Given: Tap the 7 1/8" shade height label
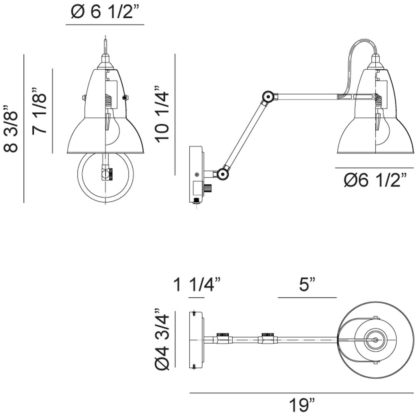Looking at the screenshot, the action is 39,111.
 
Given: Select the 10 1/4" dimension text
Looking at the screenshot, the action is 162,114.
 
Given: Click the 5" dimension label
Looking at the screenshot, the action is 307,285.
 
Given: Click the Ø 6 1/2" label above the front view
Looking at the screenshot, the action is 105,12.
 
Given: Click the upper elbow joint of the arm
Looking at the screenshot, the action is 268,97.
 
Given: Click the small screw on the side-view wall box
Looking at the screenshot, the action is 196,174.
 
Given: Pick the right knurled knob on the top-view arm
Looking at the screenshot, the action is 268,334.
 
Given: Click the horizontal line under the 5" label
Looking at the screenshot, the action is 307,298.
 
